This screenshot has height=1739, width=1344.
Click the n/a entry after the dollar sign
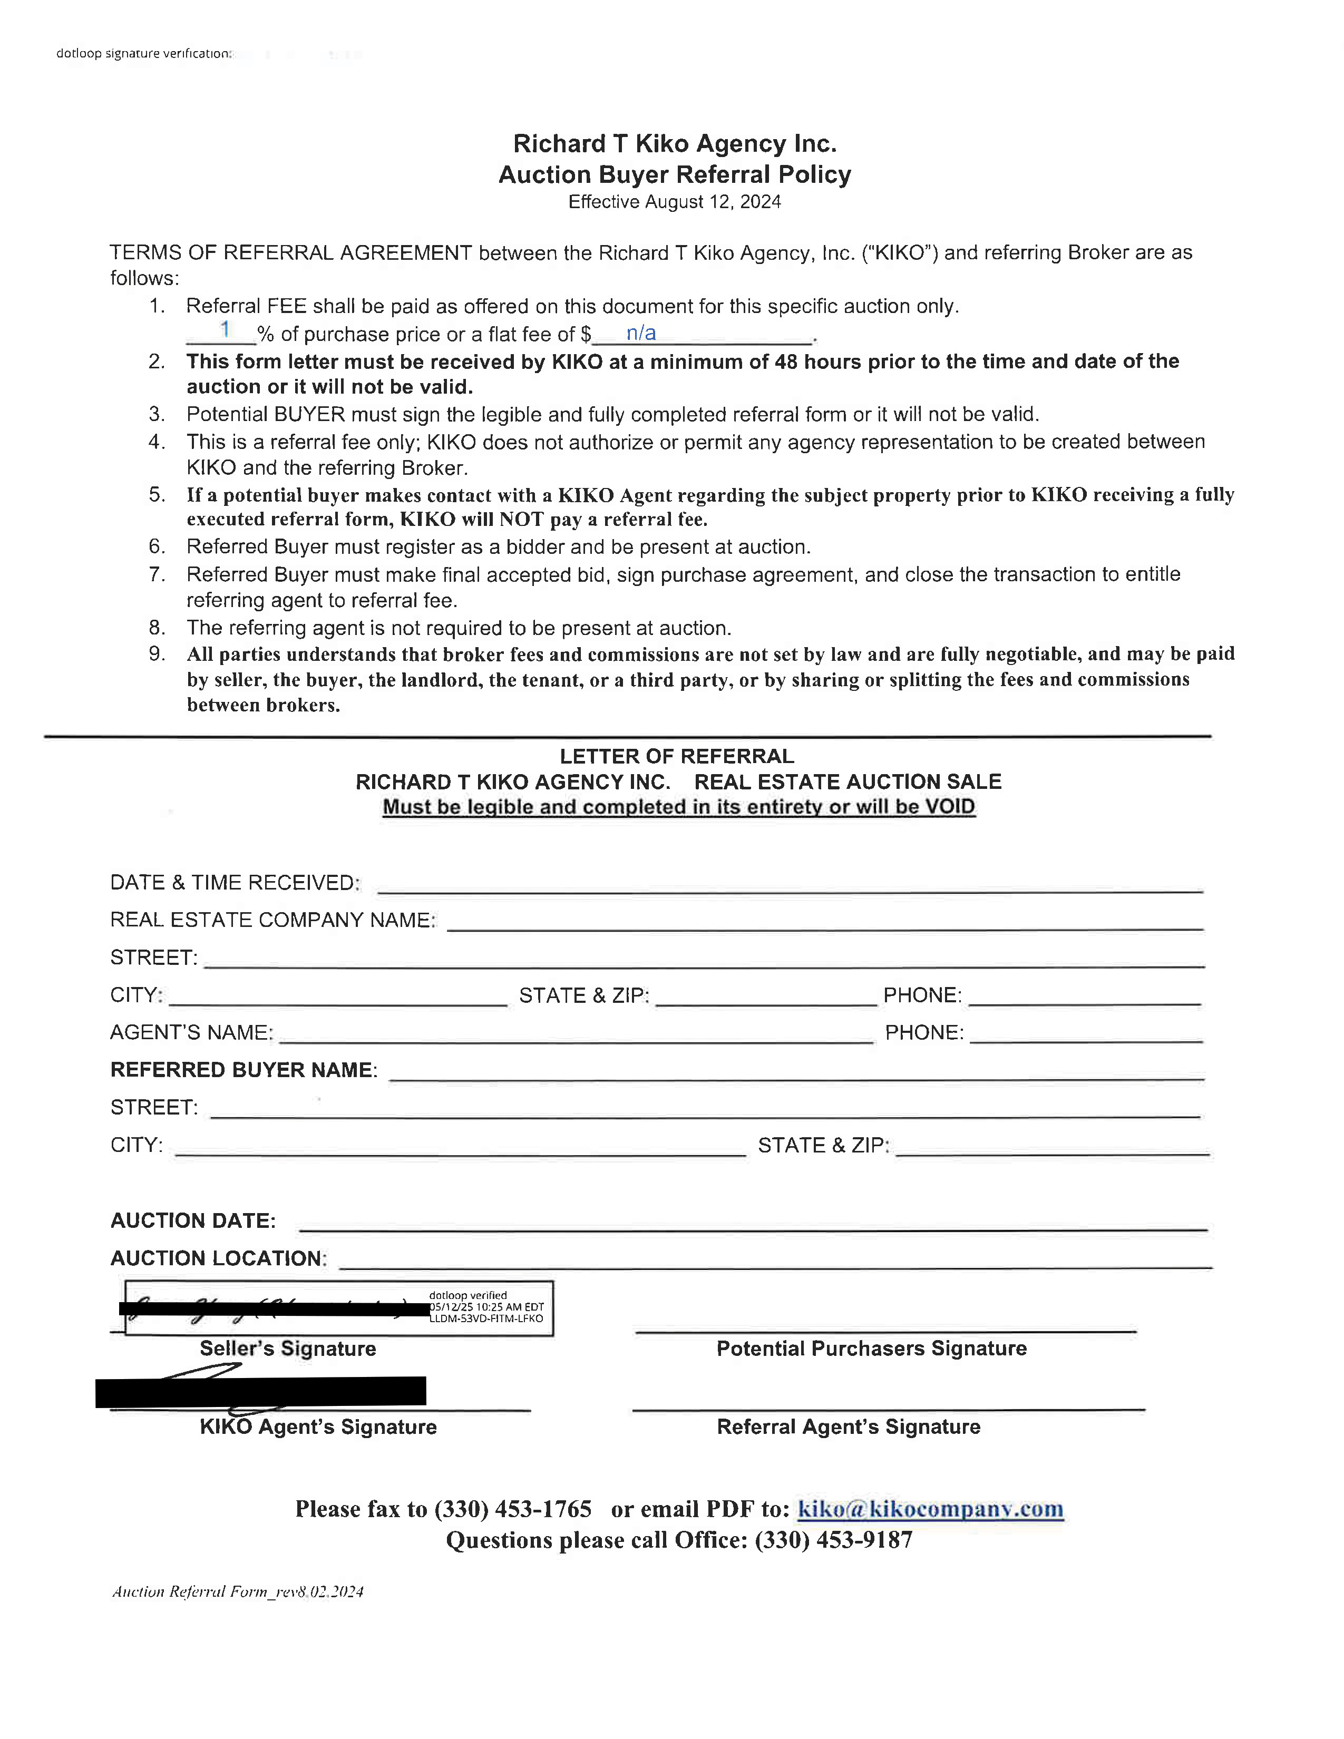(641, 333)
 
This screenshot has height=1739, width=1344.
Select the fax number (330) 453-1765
(513, 1509)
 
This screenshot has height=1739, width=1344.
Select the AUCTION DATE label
(193, 1220)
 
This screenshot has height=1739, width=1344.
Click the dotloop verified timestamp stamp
(486, 1307)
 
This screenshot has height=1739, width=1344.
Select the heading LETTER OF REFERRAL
(677, 756)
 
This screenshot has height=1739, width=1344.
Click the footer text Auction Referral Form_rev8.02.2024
(237, 1591)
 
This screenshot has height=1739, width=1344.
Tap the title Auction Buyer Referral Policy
(675, 174)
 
